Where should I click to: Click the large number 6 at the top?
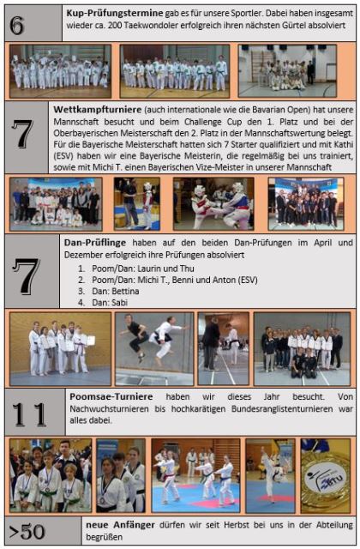point(17,25)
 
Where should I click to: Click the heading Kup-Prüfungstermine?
point(115,14)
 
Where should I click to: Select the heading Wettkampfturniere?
point(97,110)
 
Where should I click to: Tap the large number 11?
point(29,414)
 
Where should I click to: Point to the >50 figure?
point(27,532)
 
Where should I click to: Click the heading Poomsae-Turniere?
point(111,396)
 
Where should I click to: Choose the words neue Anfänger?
point(120,525)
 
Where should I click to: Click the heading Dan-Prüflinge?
point(95,243)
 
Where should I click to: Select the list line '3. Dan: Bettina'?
point(109,292)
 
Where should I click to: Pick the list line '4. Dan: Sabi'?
point(103,303)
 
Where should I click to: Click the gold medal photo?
point(326,476)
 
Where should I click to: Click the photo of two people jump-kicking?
point(154,349)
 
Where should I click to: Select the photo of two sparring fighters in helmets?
point(213,204)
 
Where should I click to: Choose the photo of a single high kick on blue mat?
point(270,476)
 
